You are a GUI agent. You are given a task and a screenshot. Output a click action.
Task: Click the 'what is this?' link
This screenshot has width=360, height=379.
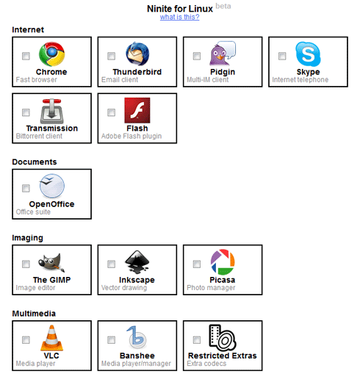pos(179,17)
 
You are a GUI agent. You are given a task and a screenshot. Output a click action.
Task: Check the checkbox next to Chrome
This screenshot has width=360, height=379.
pos(26,56)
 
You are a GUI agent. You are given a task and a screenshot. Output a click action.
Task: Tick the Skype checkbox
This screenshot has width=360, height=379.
pos(282,56)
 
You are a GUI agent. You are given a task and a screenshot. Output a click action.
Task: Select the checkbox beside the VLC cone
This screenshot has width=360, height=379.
pos(26,339)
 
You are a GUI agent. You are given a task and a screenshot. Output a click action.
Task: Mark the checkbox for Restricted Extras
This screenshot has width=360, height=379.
pos(197,339)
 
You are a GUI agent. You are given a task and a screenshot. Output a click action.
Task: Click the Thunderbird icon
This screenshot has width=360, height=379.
pos(137,54)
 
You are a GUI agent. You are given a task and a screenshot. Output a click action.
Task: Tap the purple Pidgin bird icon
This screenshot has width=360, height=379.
pos(223,54)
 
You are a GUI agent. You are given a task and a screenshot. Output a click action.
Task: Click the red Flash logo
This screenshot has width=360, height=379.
pos(137,110)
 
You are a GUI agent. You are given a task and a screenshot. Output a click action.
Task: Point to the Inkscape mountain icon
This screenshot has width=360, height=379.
pos(137,262)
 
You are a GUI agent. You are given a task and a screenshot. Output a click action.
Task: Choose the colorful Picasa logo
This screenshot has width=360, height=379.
pos(223,262)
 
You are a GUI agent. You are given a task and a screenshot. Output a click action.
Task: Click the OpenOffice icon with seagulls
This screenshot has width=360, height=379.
pos(52,186)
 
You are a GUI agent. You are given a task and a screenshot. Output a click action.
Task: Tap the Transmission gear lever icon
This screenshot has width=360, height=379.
pos(51,111)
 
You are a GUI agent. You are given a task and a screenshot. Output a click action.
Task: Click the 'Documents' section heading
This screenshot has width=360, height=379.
pos(35,162)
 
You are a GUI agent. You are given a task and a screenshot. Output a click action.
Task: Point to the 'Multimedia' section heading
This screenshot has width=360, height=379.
pos(34,314)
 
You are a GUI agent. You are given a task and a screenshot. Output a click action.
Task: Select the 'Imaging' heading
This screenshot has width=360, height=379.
pos(27,238)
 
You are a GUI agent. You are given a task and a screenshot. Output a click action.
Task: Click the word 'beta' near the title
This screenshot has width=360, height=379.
pos(223,6)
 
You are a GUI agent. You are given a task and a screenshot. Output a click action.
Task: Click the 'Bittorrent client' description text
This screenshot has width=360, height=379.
pos(39,136)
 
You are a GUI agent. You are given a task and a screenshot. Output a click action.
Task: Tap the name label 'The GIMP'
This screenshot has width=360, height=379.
pos(51,280)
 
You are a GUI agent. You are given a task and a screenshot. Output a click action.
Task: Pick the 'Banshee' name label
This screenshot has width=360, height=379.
pos(137,355)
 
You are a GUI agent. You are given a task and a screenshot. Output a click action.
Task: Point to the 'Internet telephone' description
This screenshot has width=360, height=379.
pos(300,79)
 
